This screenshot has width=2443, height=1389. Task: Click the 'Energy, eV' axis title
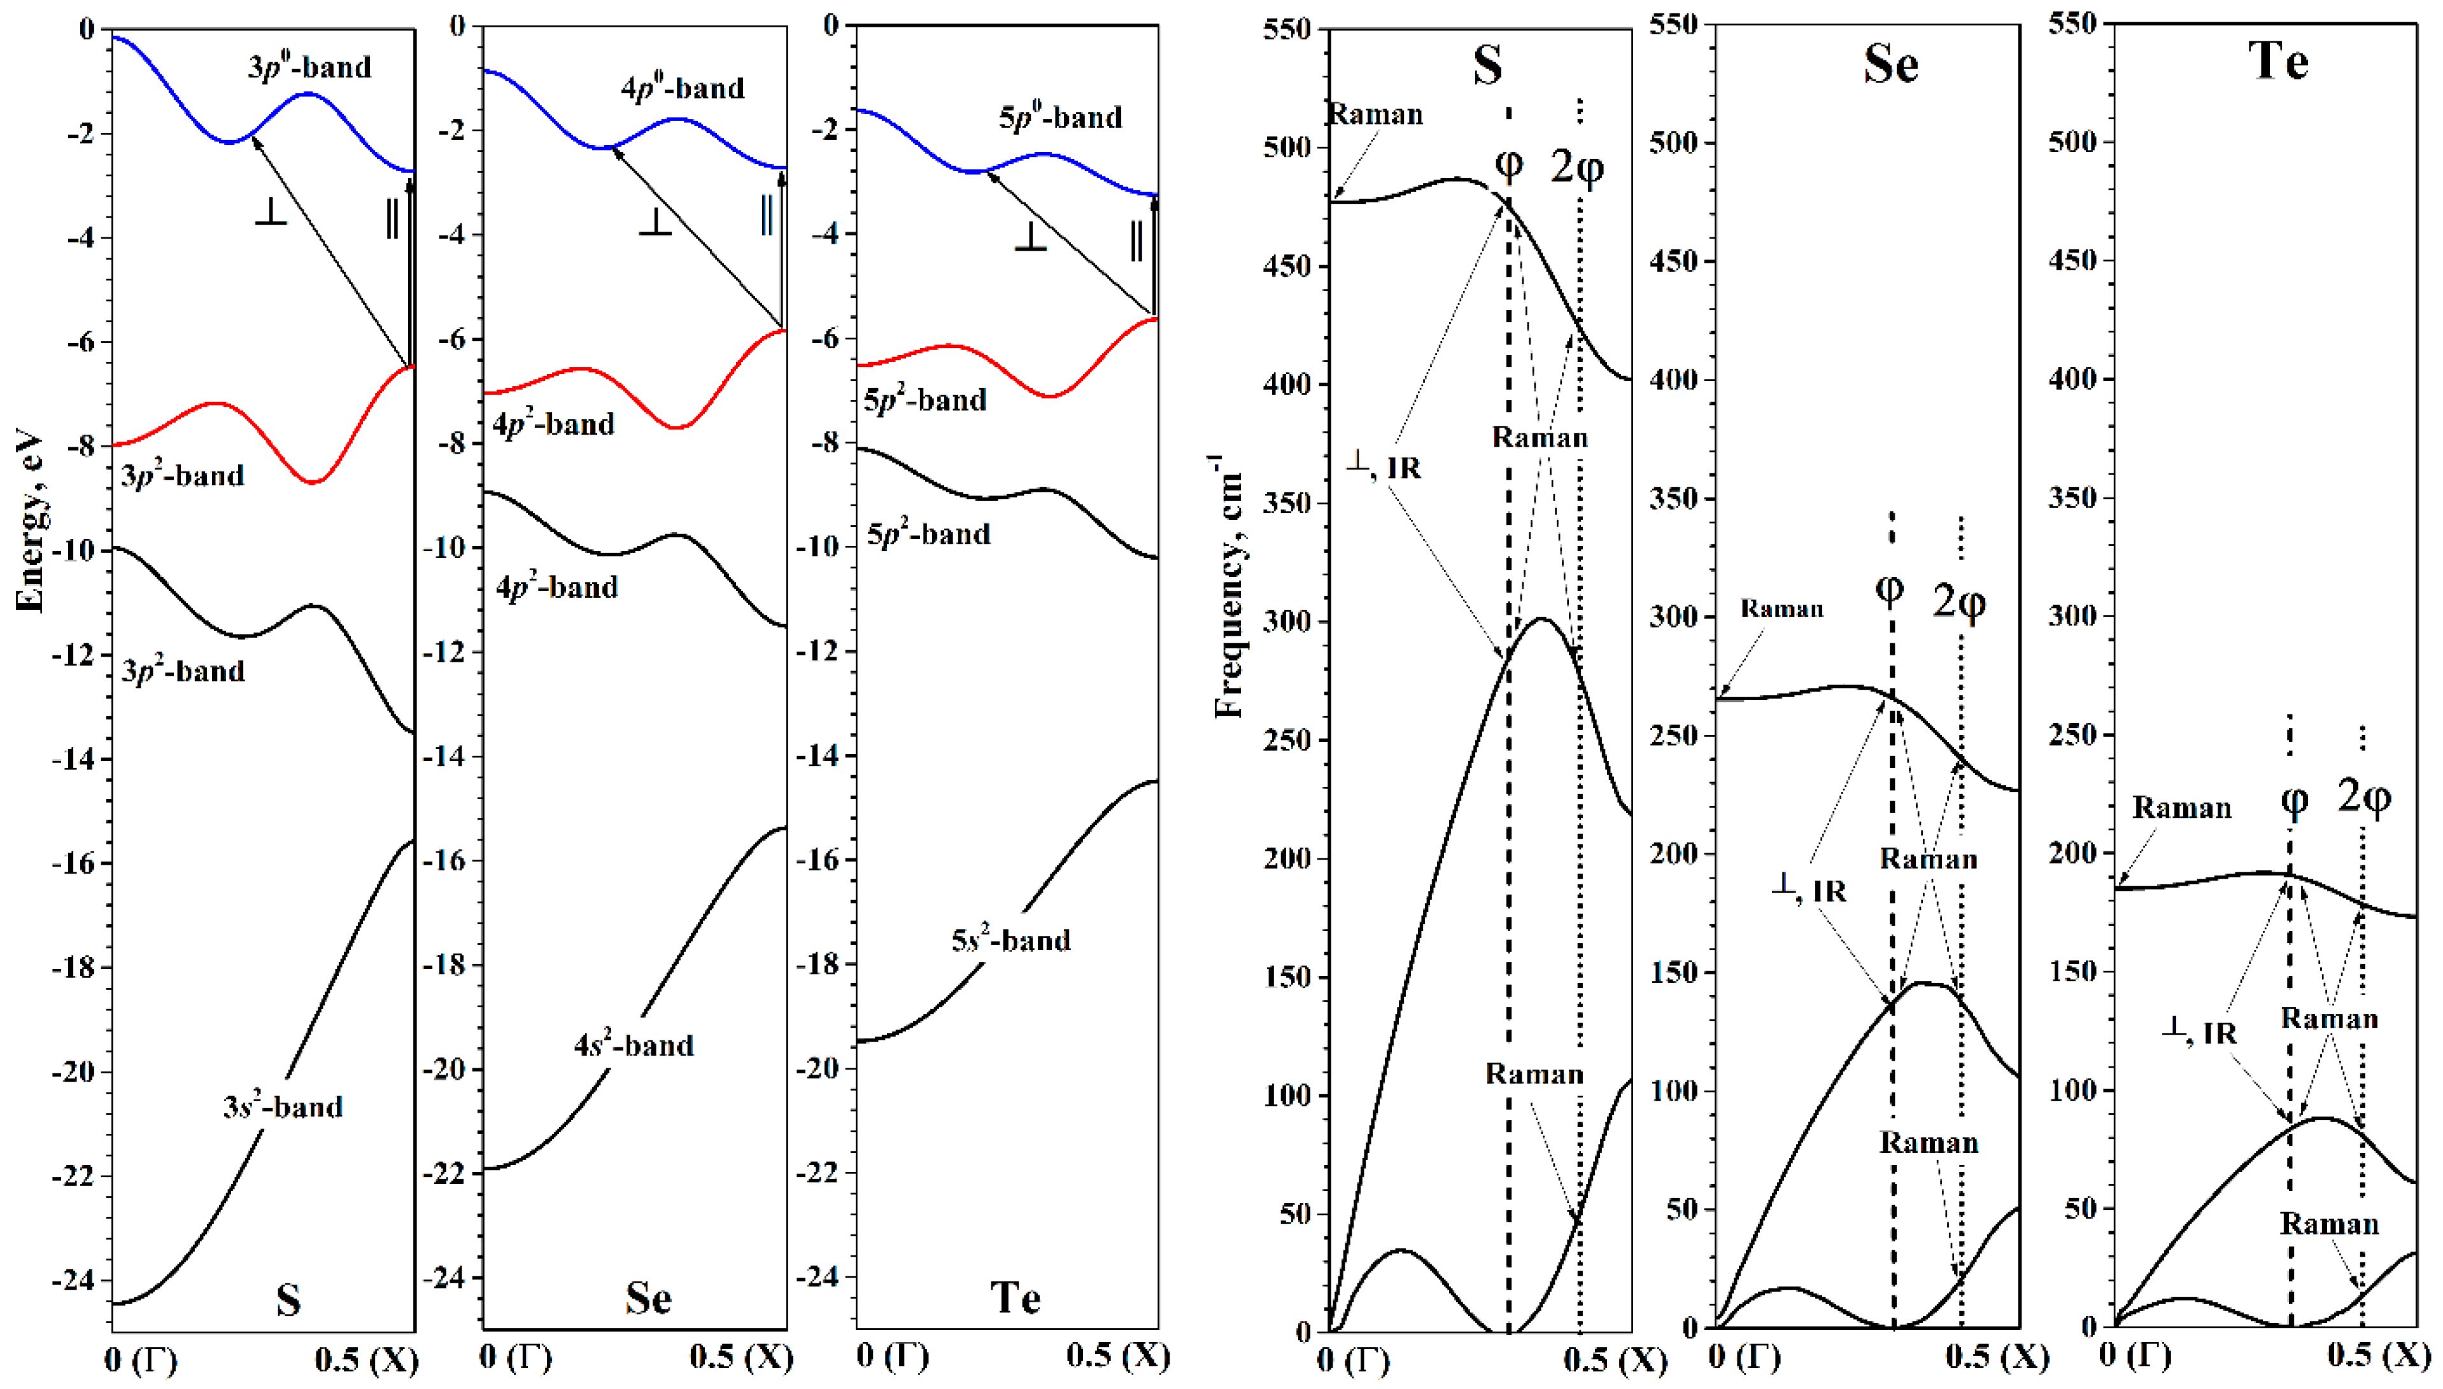point(31,523)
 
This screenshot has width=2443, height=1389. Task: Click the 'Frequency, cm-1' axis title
point(1229,587)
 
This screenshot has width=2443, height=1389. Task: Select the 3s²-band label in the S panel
point(283,1106)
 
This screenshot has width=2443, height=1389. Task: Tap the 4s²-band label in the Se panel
point(634,1045)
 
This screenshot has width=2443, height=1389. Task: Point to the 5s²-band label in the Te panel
point(1010,940)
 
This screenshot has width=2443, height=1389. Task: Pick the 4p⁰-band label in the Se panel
point(683,88)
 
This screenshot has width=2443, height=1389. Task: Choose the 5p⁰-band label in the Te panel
point(1060,116)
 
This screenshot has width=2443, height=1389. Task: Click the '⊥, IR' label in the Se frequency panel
point(1808,890)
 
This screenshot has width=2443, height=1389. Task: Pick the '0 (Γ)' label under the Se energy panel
point(515,1356)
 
